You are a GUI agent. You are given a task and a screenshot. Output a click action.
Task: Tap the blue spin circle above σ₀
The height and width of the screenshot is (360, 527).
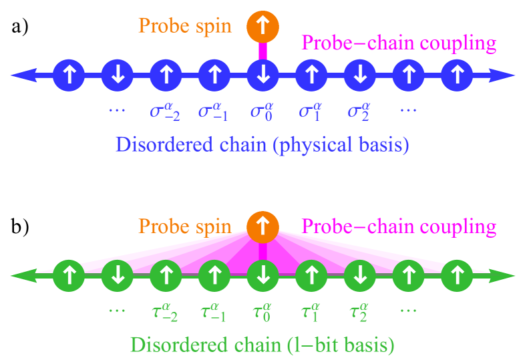click(263, 75)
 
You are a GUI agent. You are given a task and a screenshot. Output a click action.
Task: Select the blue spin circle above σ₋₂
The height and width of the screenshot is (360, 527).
click(166, 75)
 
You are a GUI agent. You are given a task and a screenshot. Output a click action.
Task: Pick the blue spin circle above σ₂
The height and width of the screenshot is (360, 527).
click(360, 75)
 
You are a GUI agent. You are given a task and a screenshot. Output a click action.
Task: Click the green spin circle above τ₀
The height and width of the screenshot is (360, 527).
click(263, 275)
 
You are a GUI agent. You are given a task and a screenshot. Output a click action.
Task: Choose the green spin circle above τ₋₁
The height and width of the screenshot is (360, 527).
click(214, 275)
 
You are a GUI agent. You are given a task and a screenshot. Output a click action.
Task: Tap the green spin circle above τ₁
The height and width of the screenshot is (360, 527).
click(311, 275)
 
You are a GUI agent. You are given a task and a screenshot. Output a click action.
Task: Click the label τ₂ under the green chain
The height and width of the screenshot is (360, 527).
click(359, 311)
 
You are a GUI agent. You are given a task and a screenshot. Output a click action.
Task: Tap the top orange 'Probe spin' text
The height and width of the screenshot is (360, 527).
click(185, 26)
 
